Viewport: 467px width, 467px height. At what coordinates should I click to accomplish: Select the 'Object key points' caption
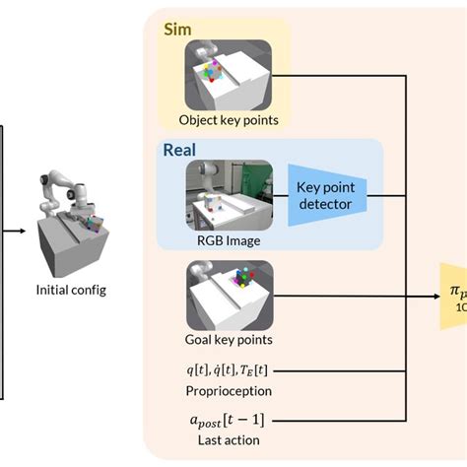[229, 121]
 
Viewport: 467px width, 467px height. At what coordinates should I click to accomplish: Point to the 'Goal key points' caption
[229, 339]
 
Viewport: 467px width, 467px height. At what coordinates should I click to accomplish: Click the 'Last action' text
[230, 440]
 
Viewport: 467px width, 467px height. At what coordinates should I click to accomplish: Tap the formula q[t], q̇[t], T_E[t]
[230, 369]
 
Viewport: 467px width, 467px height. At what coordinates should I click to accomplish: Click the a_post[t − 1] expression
[230, 421]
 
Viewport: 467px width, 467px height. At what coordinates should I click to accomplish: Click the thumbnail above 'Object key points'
[229, 76]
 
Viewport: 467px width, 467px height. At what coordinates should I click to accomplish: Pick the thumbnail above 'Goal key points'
[229, 296]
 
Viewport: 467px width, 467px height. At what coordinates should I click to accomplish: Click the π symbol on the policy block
[454, 291]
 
